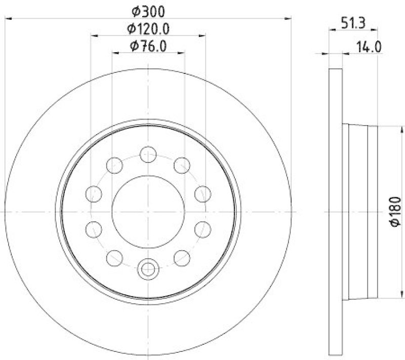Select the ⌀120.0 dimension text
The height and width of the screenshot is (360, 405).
[x=148, y=28]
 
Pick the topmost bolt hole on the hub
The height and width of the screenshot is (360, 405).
[x=148, y=154]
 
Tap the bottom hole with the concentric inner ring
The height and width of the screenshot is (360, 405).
[x=148, y=269]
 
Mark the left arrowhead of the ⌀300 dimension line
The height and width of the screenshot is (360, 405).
[x=7, y=18]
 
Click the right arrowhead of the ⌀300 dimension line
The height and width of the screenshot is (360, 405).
[x=289, y=18]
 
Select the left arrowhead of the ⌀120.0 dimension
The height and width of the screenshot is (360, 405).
[x=94, y=35]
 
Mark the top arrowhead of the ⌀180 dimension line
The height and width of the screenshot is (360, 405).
[x=386, y=128]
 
